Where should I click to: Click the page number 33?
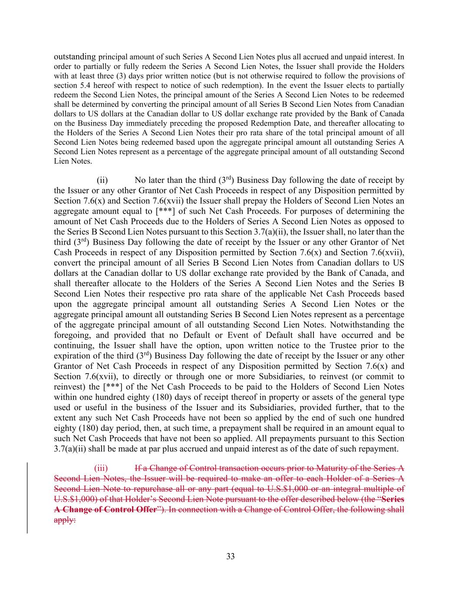(230, 557)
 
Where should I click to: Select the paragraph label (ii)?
(102, 180)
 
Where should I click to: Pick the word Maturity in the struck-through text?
(330, 468)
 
